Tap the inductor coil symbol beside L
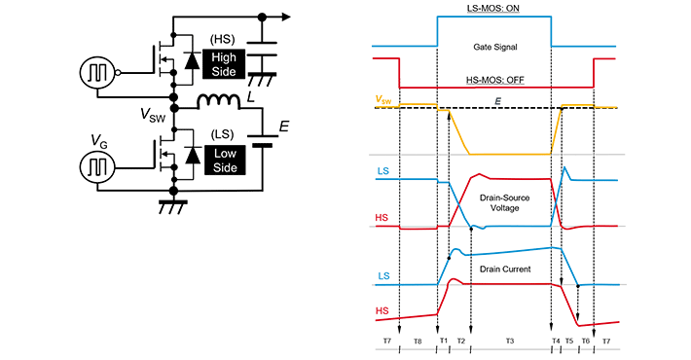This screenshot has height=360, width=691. coord(220,102)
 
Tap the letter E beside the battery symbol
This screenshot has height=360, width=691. coord(283,126)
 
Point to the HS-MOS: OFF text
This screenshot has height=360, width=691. coord(495,80)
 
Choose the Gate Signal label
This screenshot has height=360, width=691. coord(495,46)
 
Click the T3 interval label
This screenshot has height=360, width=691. coord(509,342)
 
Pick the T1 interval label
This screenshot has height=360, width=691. coord(443,342)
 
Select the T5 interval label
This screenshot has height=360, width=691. coord(569,342)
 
